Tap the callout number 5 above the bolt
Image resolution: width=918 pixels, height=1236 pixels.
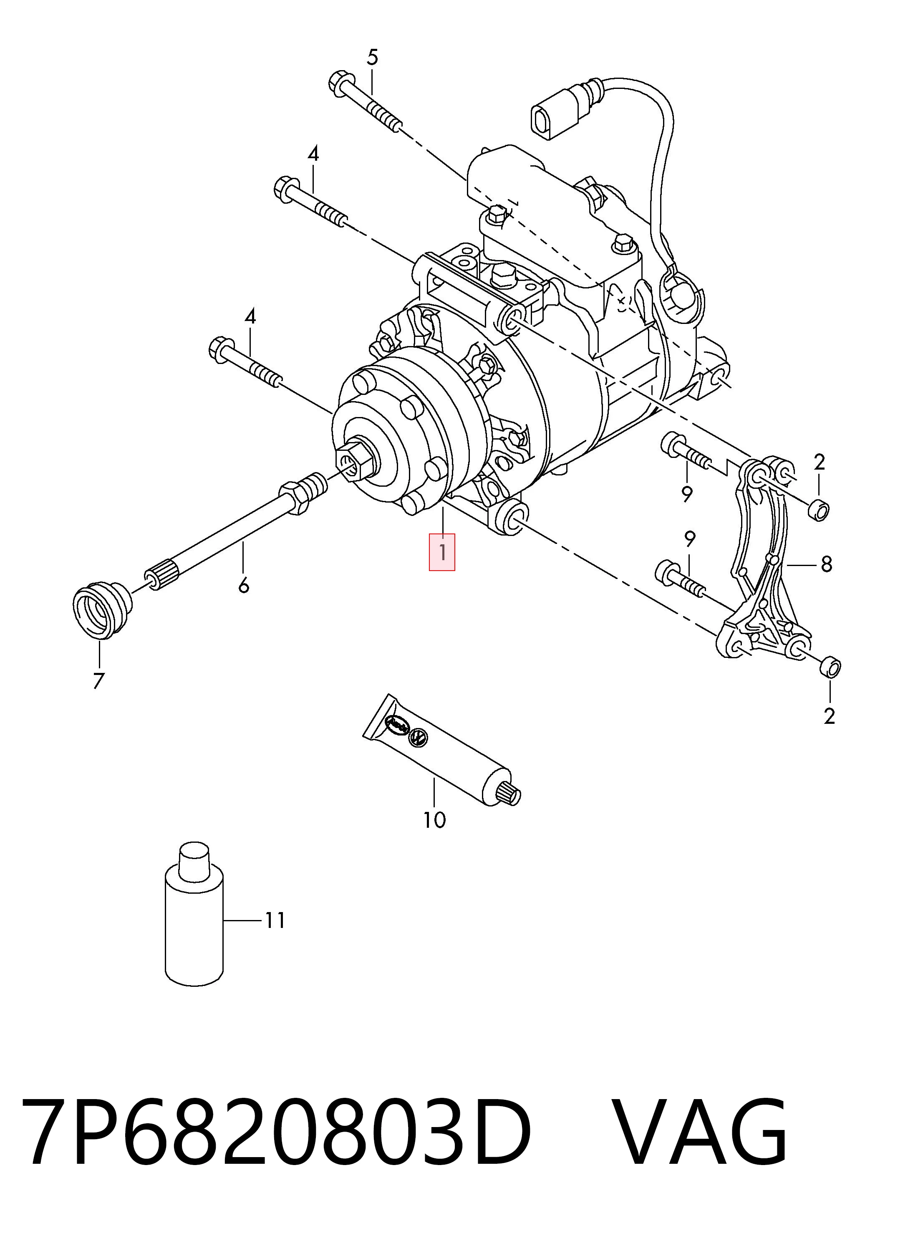click(372, 57)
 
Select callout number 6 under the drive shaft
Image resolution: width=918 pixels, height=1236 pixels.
click(243, 585)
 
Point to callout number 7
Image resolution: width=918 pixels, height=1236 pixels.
click(98, 681)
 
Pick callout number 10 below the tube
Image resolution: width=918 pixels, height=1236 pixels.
click(434, 820)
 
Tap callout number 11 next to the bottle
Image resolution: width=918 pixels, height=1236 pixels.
click(275, 921)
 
